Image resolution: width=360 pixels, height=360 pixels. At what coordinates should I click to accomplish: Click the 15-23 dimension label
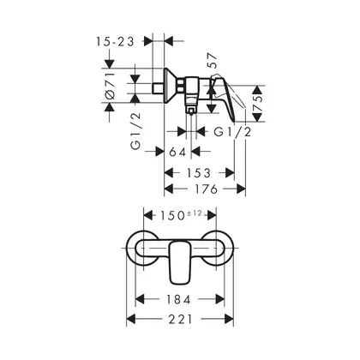(x=115, y=42)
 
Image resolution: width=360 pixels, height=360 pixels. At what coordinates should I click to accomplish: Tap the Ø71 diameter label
(x=111, y=86)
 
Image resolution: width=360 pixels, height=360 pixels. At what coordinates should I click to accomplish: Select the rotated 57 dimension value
(x=213, y=60)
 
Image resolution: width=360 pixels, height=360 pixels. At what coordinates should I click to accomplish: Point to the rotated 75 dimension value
(x=258, y=104)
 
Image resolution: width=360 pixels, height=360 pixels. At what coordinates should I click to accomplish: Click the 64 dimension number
(x=177, y=152)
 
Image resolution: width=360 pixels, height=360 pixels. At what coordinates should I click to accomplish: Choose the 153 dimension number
(x=199, y=172)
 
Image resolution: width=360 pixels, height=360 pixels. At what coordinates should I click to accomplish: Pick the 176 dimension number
(x=206, y=189)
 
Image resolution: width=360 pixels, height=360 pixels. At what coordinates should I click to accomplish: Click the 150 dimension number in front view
(x=172, y=215)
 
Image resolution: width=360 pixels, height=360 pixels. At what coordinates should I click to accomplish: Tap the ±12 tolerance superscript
(x=195, y=213)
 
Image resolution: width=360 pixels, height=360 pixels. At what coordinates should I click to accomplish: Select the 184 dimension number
(x=178, y=299)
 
